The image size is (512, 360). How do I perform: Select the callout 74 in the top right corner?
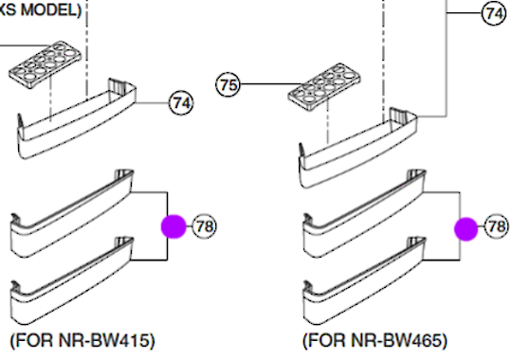click(x=494, y=13)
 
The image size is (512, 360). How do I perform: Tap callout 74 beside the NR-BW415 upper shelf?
click(x=181, y=101)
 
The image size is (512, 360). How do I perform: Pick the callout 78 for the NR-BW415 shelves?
click(x=205, y=225)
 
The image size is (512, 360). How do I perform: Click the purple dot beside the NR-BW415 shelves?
click(x=173, y=226)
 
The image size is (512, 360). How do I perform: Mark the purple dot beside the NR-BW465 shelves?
click(x=466, y=227)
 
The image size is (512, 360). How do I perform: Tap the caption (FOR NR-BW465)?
click(x=375, y=339)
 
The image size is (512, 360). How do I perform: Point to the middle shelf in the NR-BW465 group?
click(x=360, y=217)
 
